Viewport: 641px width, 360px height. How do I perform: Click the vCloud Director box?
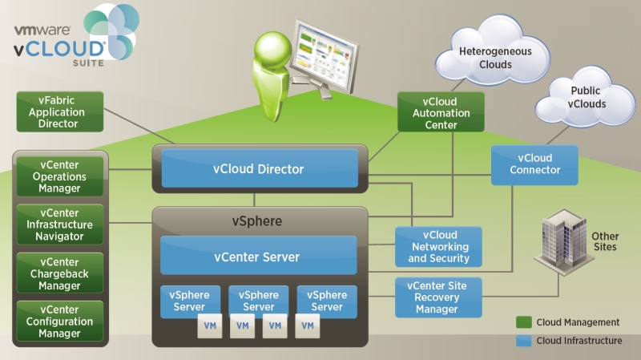click(x=258, y=169)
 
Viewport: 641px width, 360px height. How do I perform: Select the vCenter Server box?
click(x=258, y=257)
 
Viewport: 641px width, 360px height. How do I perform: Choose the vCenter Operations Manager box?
click(x=60, y=176)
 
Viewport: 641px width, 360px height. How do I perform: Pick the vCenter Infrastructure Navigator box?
click(x=60, y=224)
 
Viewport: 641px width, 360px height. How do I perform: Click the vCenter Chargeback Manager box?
click(x=60, y=273)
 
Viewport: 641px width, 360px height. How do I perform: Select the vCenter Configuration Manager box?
click(x=60, y=322)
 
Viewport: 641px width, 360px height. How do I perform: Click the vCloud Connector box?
click(x=534, y=164)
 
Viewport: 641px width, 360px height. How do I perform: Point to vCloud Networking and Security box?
click(x=438, y=247)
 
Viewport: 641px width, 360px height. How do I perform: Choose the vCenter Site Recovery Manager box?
click(x=438, y=297)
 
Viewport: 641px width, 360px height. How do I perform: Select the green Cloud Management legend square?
click(x=524, y=322)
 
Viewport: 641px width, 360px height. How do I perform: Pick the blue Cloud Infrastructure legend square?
click(x=524, y=341)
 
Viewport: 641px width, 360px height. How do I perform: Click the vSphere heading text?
click(x=259, y=220)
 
